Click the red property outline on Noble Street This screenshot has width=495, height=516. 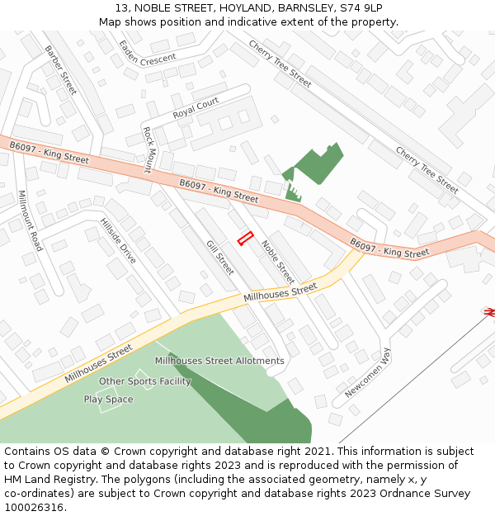(244, 239)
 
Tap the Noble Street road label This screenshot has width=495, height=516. (278, 262)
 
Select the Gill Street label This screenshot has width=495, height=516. (220, 258)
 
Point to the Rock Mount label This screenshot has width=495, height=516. (148, 149)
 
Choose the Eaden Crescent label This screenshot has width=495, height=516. (147, 54)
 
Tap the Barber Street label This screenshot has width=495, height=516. (60, 69)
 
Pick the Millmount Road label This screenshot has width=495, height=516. (31, 220)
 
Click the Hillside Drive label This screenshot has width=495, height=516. (118, 241)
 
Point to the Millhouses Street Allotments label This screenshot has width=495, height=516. (219, 361)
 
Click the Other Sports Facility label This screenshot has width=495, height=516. (144, 381)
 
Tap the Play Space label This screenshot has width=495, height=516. (108, 400)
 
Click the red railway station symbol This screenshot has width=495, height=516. (488, 311)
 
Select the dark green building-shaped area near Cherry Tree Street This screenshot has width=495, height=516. (315, 166)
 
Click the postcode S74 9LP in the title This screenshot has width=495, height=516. (361, 8)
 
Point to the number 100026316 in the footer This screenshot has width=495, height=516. (32, 507)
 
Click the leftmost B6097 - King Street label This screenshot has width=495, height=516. (49, 152)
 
